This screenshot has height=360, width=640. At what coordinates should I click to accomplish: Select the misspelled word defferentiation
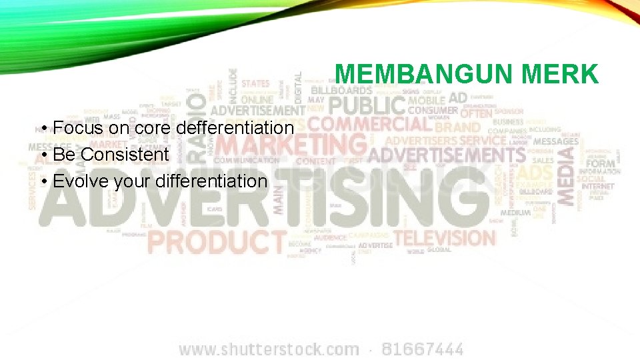(235, 127)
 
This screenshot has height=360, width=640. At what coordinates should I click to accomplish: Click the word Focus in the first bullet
(75, 127)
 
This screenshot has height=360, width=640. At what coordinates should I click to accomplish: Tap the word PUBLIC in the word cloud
(367, 105)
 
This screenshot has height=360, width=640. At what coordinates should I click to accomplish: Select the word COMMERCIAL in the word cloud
(370, 124)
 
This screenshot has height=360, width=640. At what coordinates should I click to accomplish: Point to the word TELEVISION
(445, 237)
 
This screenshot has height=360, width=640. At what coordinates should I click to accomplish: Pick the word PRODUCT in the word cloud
(217, 241)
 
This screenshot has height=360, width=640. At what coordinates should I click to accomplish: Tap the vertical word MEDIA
(565, 175)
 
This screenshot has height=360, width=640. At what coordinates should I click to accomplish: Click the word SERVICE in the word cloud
(483, 140)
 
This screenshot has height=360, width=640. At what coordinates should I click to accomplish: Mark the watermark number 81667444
(422, 349)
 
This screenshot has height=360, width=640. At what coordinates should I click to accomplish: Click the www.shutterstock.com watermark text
(269, 349)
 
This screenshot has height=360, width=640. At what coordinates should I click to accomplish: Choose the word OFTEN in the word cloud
(476, 113)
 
